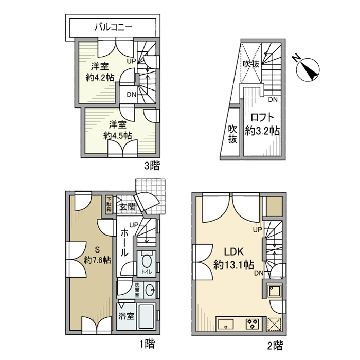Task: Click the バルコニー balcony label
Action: pos(114,27)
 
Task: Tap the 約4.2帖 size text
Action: pos(99,78)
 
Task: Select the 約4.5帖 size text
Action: pos(117,136)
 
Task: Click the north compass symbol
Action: pos(309,69)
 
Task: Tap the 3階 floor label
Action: pos(151,166)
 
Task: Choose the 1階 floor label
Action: pos(147,343)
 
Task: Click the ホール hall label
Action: pos(124,243)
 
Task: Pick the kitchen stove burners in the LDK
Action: pos(254,325)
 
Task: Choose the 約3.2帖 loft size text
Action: pos(262,131)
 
